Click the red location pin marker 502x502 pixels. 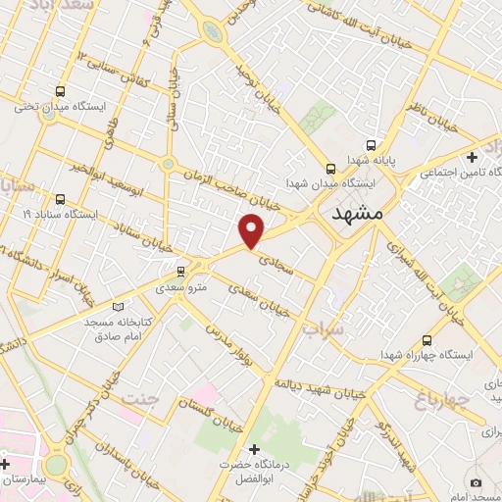click(253, 230)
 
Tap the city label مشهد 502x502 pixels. click(360, 214)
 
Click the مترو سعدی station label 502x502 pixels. click(179, 287)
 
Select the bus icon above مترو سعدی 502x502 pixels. click(179, 271)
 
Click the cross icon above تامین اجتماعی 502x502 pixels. click(472, 157)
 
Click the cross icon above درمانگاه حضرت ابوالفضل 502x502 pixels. click(255, 448)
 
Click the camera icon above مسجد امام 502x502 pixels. click(477, 482)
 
